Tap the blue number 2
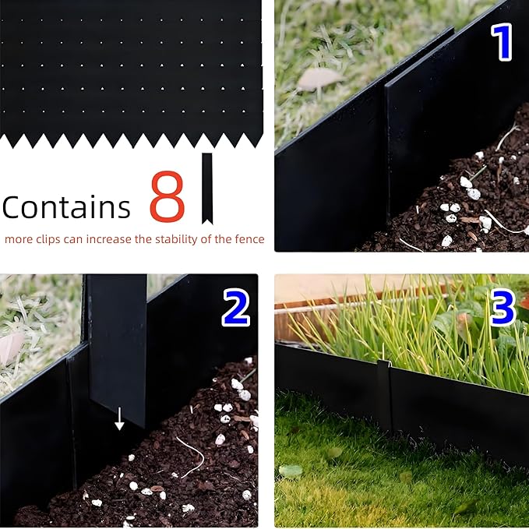pos(235,309)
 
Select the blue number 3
pos(503,309)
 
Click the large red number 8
pos(167,197)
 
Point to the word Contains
pos(66,207)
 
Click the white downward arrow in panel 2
pos(119,418)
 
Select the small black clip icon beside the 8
pos(206,187)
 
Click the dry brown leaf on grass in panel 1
pos(319,77)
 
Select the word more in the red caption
pos(19,239)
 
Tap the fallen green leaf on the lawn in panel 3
pos(291,471)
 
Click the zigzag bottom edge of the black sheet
pos(131,140)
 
